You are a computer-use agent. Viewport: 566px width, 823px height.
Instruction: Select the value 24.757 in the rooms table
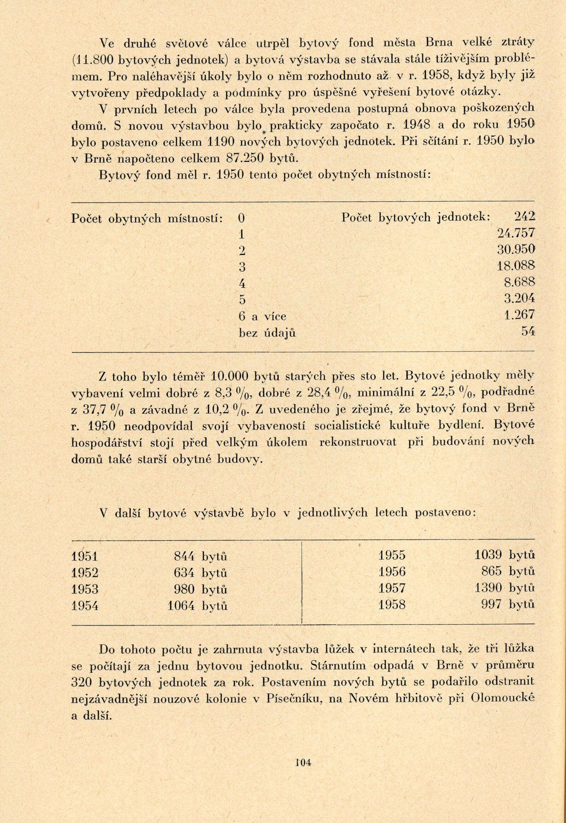point(516,234)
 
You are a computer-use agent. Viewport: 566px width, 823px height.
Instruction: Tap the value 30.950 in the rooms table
point(516,250)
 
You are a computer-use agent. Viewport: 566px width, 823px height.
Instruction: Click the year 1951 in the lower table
point(85,556)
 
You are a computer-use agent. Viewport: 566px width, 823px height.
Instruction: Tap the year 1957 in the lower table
point(392,588)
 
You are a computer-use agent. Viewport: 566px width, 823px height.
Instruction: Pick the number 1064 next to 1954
point(181,605)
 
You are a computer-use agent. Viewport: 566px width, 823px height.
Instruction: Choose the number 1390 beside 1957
point(488,588)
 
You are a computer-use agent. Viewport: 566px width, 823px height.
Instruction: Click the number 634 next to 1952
point(184,572)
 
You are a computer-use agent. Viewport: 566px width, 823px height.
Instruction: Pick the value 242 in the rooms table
point(524,217)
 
